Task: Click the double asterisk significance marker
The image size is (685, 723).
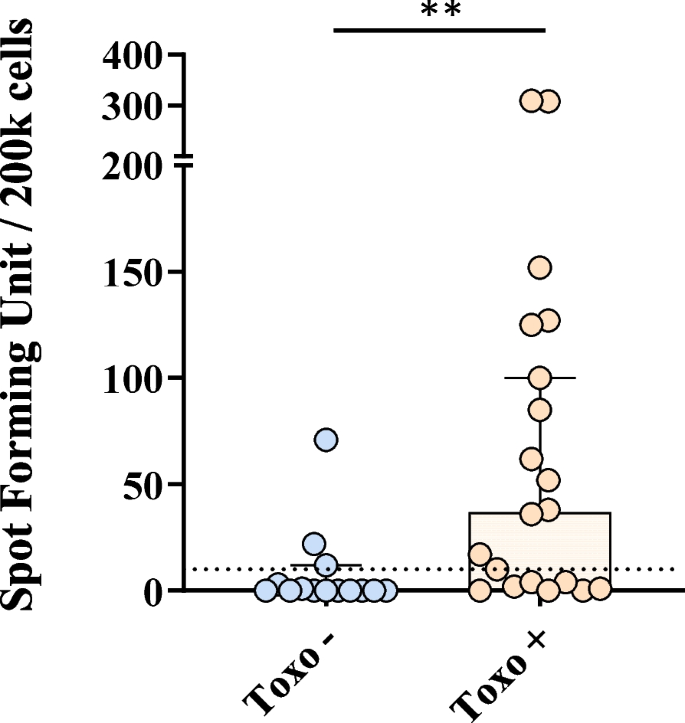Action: [441, 11]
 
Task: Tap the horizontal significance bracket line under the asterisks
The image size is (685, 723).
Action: [440, 29]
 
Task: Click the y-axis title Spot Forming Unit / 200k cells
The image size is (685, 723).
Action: [30, 330]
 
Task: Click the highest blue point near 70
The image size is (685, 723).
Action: [326, 439]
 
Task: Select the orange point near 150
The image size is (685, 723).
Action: [540, 267]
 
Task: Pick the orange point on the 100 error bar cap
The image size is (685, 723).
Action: [540, 377]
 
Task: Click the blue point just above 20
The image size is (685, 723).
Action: [314, 544]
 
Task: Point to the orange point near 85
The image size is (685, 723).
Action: [539, 409]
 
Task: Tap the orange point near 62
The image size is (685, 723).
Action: [532, 458]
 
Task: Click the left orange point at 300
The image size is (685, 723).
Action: [530, 101]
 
